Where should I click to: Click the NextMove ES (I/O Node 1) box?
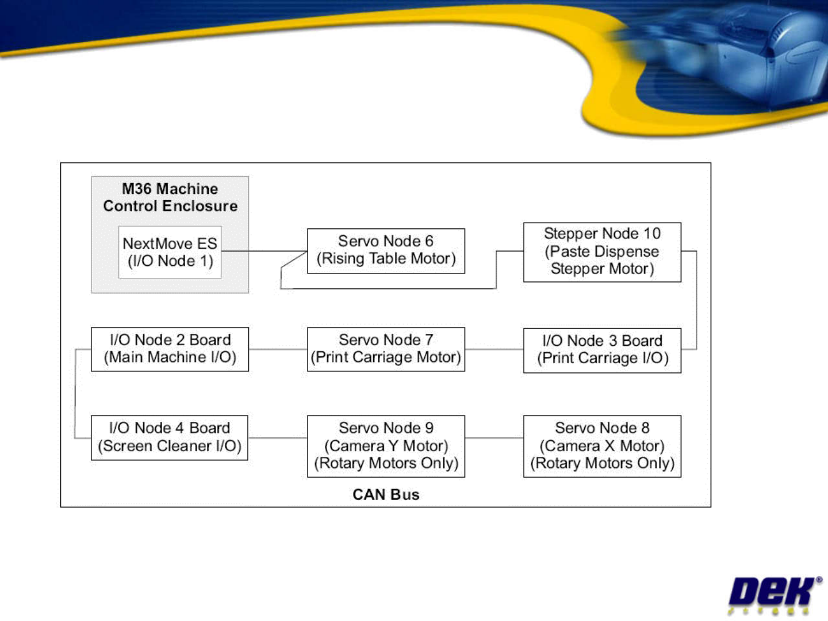[170, 252]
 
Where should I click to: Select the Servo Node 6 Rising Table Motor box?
[386, 250]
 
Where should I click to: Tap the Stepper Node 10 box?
[602, 252]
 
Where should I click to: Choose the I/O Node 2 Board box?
[170, 349]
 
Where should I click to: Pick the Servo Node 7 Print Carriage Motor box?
[386, 349]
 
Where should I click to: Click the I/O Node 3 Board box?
[602, 350]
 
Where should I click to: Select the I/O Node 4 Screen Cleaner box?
[170, 437]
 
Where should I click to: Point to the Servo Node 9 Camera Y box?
[386, 446]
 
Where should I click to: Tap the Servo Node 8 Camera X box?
[602, 446]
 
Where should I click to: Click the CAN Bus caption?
[386, 494]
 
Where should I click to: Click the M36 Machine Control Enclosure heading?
[170, 197]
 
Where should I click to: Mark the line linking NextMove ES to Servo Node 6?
[264, 251]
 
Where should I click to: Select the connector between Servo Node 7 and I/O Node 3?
[494, 349]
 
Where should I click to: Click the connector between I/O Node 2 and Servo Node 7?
[278, 349]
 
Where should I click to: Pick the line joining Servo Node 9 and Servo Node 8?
[494, 438]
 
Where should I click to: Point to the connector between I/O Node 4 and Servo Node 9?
[278, 438]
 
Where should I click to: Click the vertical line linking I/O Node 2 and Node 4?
[75, 394]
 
